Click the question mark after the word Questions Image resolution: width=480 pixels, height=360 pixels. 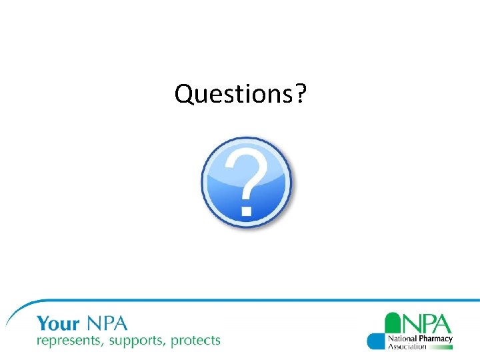300,94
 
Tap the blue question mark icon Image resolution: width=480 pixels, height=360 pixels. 247,181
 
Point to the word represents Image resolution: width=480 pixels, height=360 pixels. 68,341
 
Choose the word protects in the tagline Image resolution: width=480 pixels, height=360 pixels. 195,341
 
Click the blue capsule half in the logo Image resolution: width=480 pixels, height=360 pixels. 376,341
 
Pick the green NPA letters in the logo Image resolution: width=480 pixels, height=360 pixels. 427,323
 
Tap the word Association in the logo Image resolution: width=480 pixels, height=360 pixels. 407,347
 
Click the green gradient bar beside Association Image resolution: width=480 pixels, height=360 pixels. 440,347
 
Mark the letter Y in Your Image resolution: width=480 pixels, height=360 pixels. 43,324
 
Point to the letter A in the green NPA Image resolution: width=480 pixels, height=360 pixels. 442,323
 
